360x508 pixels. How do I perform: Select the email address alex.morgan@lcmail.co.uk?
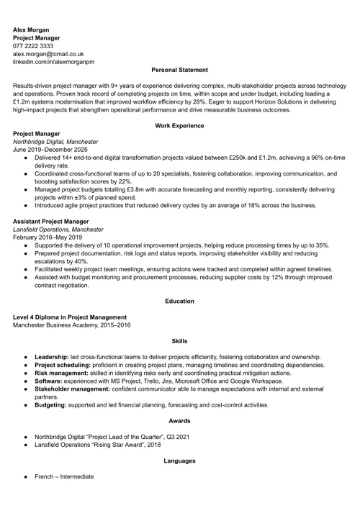49,53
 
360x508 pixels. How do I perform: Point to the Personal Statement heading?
179,70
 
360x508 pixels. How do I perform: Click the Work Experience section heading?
179,126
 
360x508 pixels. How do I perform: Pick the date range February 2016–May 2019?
48,237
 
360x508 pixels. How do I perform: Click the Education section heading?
179,301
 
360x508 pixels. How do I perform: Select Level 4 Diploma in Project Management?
71,317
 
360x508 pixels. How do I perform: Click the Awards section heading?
179,420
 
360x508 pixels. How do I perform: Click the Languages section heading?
179,461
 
